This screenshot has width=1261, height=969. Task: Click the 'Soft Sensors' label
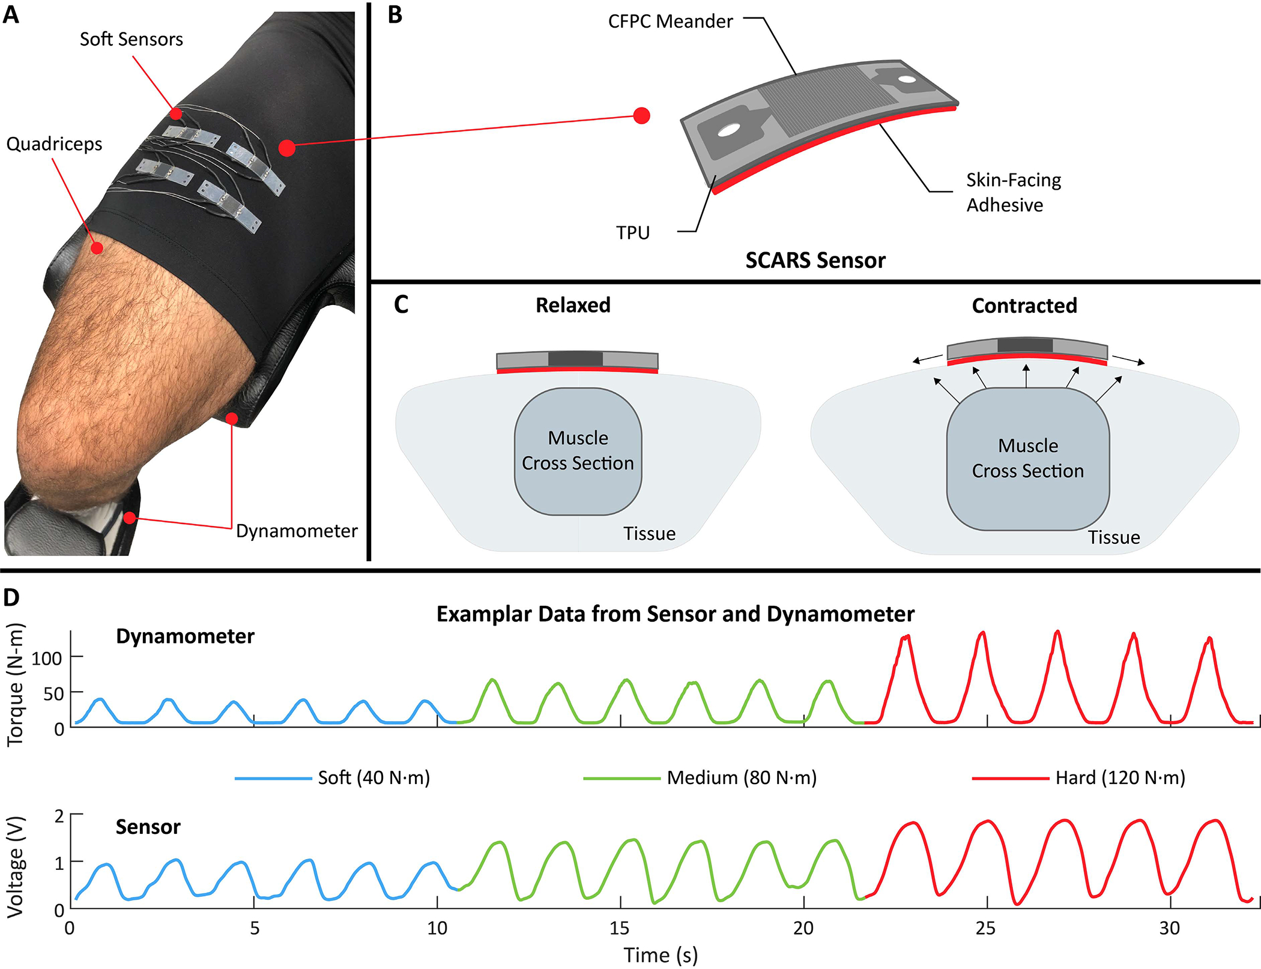tap(131, 40)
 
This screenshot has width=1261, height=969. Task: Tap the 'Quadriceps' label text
tap(54, 144)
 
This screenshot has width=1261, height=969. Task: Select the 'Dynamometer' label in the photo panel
tap(297, 531)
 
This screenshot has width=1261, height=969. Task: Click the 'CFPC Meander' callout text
tap(670, 22)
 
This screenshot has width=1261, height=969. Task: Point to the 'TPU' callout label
tap(633, 232)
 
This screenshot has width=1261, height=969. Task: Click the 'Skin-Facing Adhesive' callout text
tap(1014, 192)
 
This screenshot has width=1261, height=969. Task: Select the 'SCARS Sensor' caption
tap(815, 261)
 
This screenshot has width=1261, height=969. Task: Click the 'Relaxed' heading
tap(573, 305)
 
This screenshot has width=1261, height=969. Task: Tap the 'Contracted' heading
tap(1024, 306)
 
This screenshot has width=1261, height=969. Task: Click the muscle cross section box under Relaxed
tap(578, 451)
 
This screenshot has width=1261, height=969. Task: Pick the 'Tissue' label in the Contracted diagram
tap(1114, 537)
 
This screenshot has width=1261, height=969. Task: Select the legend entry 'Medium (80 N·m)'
tap(742, 778)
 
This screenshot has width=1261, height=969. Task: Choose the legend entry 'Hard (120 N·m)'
tap(1120, 778)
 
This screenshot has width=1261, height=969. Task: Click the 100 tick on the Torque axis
tap(47, 659)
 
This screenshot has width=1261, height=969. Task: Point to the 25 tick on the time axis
tap(985, 929)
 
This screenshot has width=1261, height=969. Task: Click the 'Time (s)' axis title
tap(661, 955)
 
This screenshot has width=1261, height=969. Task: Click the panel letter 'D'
tap(11, 597)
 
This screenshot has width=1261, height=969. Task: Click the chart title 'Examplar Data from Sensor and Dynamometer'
tap(675, 614)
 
